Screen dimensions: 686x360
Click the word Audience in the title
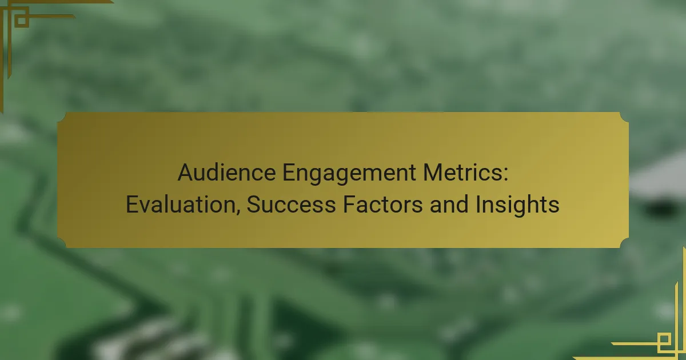coord(226,173)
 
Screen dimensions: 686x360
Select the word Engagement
coord(349,174)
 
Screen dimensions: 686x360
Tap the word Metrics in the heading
coord(462,173)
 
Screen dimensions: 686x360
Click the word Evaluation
coord(181,204)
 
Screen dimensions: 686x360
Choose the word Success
coord(291,204)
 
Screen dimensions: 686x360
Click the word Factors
coord(383,204)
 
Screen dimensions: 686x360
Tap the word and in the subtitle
coord(449,204)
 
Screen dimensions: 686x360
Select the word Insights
coord(517,205)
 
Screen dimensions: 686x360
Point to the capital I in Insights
coord(477,204)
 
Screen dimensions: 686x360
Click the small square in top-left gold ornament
coord(22,21)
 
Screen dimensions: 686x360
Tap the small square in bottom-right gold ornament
coord(664,340)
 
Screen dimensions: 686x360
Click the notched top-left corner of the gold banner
coord(62,117)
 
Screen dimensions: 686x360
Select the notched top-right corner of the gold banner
coord(624,117)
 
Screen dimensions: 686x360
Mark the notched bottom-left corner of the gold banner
coord(62,243)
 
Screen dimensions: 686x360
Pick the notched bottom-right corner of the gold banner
coord(624,243)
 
